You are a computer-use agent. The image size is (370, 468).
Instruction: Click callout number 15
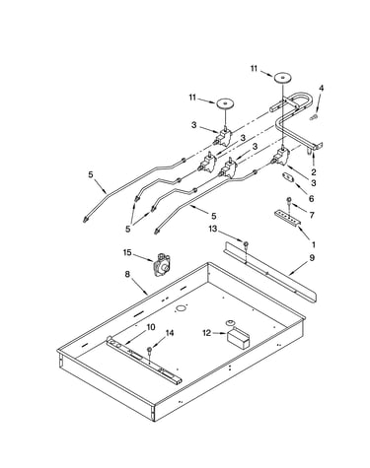[127, 252]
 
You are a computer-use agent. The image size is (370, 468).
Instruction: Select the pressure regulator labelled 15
[162, 265]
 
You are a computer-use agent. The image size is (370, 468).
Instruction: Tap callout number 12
[206, 333]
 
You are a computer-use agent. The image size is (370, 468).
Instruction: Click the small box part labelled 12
[238, 337]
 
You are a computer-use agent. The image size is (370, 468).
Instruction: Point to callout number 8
[127, 274]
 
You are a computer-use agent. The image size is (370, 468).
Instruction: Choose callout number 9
[312, 257]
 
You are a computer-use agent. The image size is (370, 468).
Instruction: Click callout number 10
[151, 327]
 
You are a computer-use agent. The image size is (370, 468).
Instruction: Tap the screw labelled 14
[150, 350]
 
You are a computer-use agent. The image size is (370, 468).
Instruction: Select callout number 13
[213, 229]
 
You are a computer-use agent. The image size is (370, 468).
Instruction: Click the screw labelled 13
[246, 243]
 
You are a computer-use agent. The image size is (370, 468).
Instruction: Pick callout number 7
[312, 215]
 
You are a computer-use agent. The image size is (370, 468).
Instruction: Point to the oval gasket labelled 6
[288, 176]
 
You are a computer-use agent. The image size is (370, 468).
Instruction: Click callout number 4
[322, 88]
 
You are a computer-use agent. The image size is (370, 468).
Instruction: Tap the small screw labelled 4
[314, 116]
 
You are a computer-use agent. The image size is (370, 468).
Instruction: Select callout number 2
[314, 171]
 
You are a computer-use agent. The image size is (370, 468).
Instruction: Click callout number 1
[314, 244]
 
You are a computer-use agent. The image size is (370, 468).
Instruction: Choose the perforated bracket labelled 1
[288, 217]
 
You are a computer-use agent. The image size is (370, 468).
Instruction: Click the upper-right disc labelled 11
[282, 78]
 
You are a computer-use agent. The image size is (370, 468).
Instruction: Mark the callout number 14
[170, 333]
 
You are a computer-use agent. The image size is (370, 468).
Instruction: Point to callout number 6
[312, 198]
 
